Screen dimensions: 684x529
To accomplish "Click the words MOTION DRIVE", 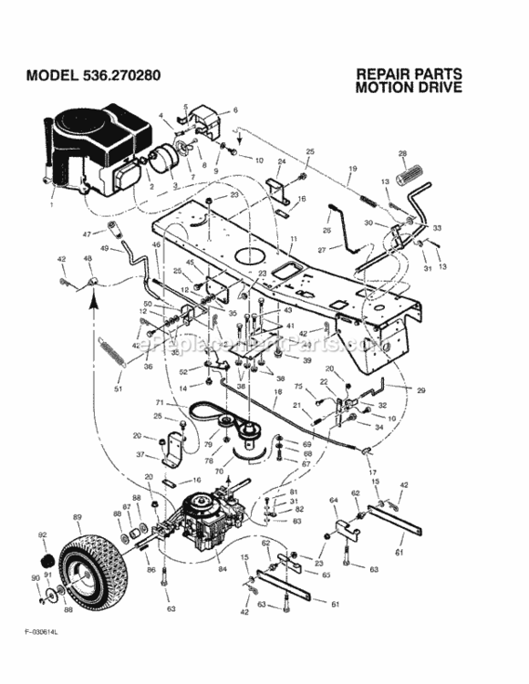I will [x=409, y=88].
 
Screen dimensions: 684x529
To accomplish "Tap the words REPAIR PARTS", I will [x=409, y=74].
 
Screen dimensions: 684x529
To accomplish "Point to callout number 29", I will [x=422, y=389].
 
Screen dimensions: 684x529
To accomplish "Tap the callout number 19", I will [x=352, y=169].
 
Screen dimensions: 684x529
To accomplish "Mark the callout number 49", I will [x=105, y=248].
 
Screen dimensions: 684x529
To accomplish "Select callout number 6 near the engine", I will [x=234, y=110].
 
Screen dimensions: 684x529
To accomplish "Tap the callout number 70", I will [x=218, y=472].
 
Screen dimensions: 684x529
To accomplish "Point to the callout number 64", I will [x=334, y=500].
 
